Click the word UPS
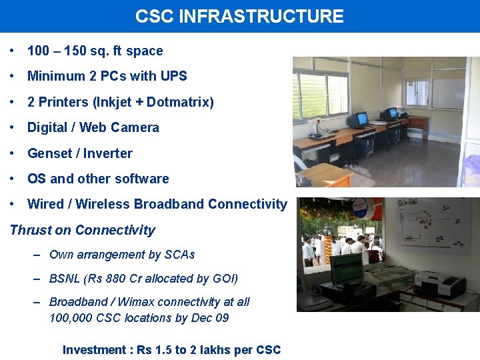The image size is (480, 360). (x=173, y=77)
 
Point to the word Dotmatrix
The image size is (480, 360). (x=177, y=103)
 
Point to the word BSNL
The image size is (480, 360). (x=65, y=279)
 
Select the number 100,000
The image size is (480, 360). (x=71, y=318)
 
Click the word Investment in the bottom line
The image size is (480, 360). (x=94, y=350)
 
